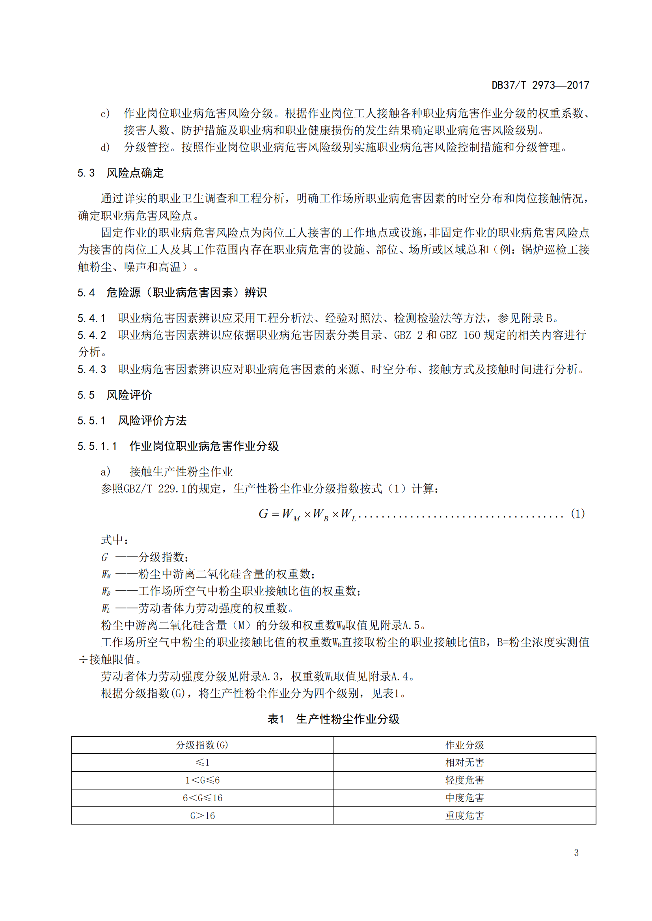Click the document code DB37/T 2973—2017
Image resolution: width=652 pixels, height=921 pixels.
click(x=540, y=85)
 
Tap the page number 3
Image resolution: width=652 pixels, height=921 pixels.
click(x=576, y=853)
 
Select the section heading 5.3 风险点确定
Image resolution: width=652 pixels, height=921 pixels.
click(x=121, y=173)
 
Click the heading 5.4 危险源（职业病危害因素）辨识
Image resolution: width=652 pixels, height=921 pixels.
click(x=172, y=293)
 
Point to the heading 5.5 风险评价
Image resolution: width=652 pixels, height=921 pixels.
click(x=115, y=395)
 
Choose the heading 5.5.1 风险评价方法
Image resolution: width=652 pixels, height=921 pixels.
click(x=132, y=421)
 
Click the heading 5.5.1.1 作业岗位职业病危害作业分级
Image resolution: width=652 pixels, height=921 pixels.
click(x=178, y=446)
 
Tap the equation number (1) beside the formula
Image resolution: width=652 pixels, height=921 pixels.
click(x=577, y=514)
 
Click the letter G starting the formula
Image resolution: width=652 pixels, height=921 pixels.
click(x=263, y=514)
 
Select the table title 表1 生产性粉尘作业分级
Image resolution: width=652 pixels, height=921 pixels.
click(x=333, y=719)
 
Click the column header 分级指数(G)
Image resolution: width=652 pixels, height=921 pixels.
click(x=202, y=745)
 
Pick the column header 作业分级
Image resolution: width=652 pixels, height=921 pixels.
click(x=464, y=745)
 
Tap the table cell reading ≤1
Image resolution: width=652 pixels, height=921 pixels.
click(x=202, y=763)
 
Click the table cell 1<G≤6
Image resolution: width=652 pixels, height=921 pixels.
click(x=202, y=780)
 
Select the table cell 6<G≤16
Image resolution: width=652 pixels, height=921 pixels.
click(x=202, y=798)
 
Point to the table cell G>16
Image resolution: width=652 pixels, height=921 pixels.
click(x=202, y=815)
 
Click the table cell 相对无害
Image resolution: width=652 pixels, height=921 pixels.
click(x=464, y=763)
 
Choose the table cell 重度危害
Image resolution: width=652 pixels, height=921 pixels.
click(x=464, y=815)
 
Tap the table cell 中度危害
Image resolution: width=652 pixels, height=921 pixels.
click(x=464, y=798)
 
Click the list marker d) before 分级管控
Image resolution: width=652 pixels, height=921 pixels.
click(x=105, y=148)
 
